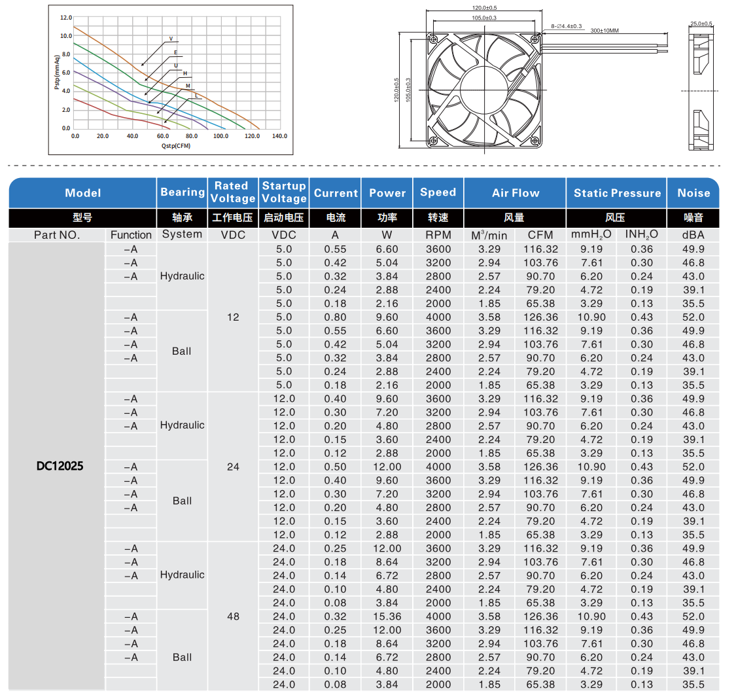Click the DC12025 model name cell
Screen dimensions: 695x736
(x=60, y=467)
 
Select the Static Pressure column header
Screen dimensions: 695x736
(x=617, y=193)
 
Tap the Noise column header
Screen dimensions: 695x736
(x=693, y=193)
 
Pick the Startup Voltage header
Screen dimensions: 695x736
(x=283, y=192)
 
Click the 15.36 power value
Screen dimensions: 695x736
(x=387, y=616)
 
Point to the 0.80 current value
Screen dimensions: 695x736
(x=335, y=317)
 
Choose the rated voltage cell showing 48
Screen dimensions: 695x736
(x=233, y=616)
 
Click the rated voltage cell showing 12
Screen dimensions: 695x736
(x=233, y=317)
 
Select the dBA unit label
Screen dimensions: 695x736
(x=693, y=235)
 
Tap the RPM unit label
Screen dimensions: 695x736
(x=438, y=235)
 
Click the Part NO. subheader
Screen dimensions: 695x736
(x=56, y=235)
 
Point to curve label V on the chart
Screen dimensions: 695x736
(x=171, y=39)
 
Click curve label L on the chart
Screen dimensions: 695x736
(x=196, y=96)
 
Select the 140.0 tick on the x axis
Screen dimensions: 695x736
(x=279, y=136)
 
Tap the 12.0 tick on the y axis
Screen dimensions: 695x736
(x=66, y=18)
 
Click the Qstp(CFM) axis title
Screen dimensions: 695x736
(x=176, y=145)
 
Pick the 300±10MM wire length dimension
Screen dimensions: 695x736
(x=605, y=30)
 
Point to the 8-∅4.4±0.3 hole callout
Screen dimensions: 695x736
(x=567, y=26)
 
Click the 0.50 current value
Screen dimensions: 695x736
(x=335, y=467)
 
